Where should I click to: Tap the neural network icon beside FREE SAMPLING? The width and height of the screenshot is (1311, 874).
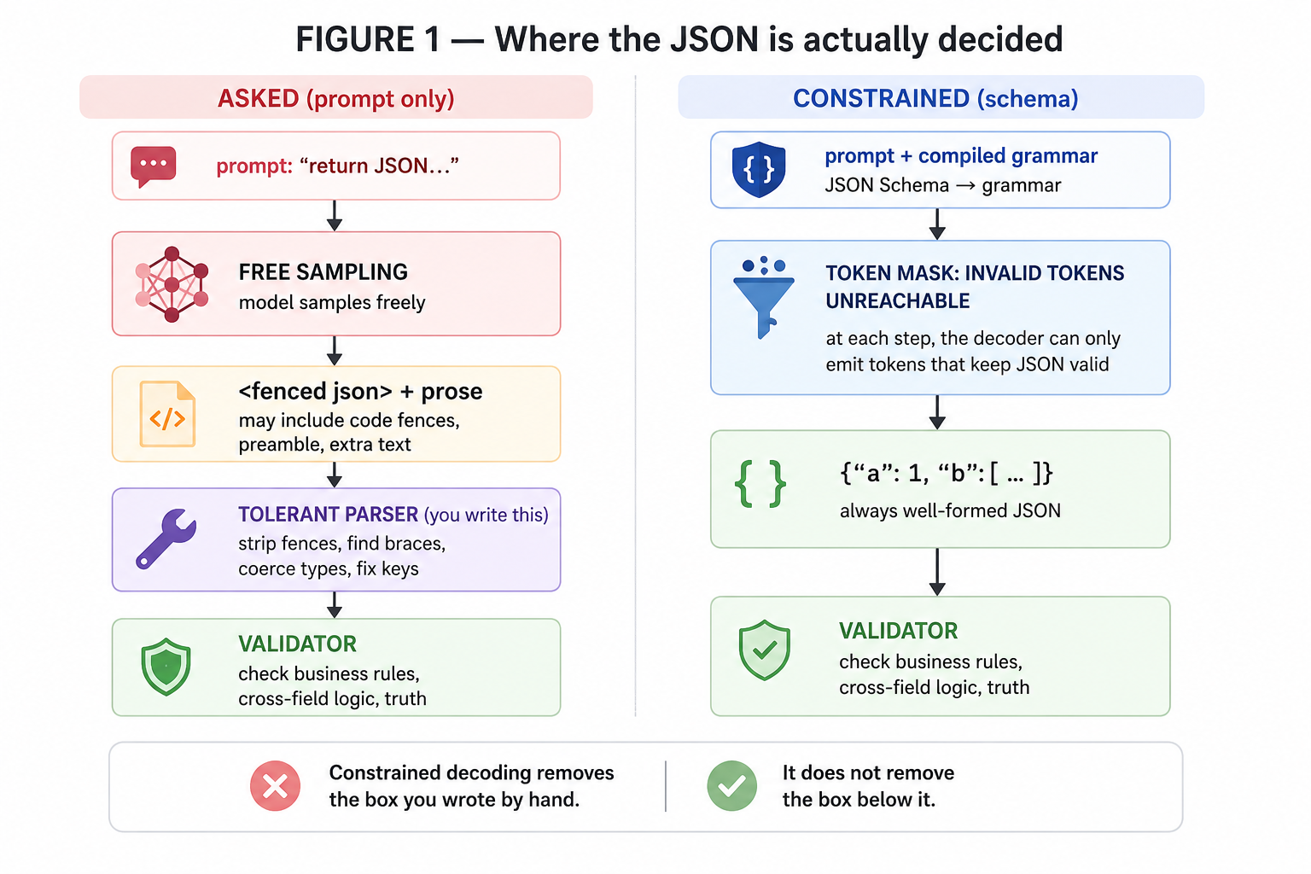(x=172, y=284)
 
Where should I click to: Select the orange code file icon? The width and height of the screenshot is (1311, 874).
(x=167, y=414)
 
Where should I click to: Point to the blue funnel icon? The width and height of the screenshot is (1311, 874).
(x=763, y=297)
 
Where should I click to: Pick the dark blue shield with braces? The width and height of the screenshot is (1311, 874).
(x=759, y=169)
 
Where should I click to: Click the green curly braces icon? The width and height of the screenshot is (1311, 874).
(x=760, y=484)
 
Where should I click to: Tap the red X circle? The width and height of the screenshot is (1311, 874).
(x=275, y=785)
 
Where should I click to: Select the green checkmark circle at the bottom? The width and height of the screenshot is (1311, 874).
(x=731, y=785)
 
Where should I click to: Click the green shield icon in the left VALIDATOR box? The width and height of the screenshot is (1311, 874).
(x=166, y=667)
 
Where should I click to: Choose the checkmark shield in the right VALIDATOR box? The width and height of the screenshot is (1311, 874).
(x=765, y=650)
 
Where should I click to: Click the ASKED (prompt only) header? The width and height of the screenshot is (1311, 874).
(x=336, y=98)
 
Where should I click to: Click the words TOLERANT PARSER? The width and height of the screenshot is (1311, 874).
(x=329, y=515)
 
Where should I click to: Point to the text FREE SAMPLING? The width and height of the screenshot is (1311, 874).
(x=323, y=272)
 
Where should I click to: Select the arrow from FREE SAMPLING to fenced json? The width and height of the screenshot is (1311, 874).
(x=335, y=351)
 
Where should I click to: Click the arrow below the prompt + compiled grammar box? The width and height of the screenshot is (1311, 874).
(x=938, y=224)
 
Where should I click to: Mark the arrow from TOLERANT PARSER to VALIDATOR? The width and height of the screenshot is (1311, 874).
(x=335, y=605)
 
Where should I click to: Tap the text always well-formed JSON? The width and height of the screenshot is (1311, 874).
(x=951, y=511)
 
